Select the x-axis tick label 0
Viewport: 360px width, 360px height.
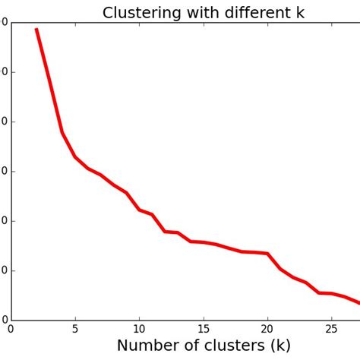click(x=11, y=330)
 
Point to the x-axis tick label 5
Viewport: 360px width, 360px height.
click(x=75, y=330)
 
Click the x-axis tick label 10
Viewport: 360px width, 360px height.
click(x=139, y=330)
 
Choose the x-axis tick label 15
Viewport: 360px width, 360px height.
click(x=204, y=330)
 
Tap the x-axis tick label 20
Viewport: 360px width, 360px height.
click(x=267, y=330)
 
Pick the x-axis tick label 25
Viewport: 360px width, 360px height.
click(x=331, y=330)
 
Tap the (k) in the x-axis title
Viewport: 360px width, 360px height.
click(x=280, y=346)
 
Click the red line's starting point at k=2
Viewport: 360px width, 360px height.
click(x=36, y=29)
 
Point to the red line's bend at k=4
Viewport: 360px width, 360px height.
click(x=62, y=133)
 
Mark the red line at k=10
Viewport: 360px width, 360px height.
click(x=139, y=210)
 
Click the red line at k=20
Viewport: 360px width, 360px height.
click(x=267, y=253)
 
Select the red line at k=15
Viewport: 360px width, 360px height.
click(x=204, y=242)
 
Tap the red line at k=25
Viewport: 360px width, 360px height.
click(x=331, y=293)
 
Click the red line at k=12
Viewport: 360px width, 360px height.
click(x=165, y=232)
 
